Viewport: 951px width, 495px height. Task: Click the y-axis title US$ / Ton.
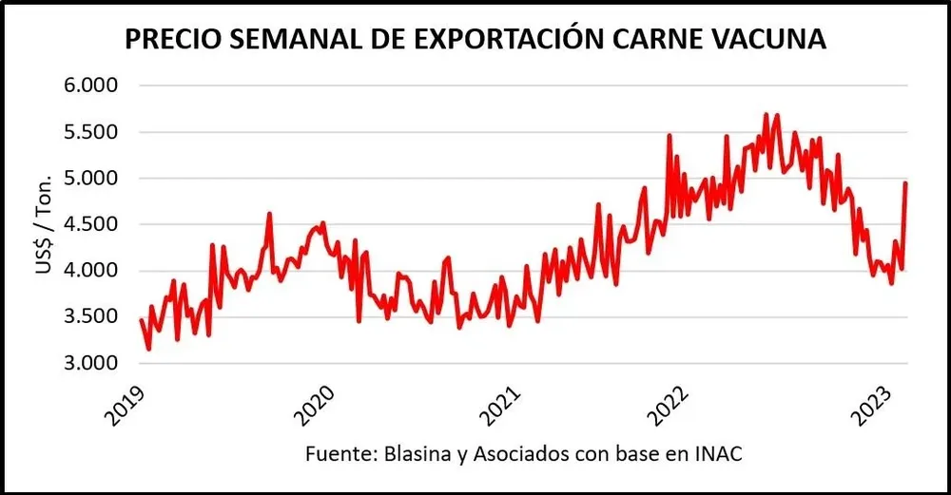click(x=45, y=225)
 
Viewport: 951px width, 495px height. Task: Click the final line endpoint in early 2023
click(x=905, y=182)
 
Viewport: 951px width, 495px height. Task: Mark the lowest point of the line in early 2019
click(x=148, y=349)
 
